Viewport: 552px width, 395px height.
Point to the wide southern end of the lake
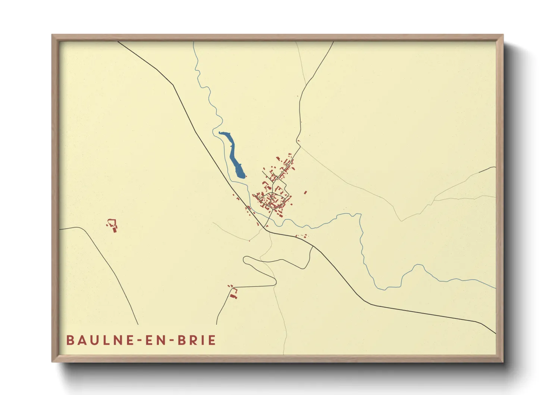pyautogui.click(x=241, y=174)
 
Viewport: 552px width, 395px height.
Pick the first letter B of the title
pyautogui.click(x=70, y=340)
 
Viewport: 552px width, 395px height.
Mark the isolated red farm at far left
pyautogui.click(x=112, y=226)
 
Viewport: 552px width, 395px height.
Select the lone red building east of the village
pyautogui.click(x=305, y=193)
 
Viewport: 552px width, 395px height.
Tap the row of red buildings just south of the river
pyautogui.click(x=302, y=236)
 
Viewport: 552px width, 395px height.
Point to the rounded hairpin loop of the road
pyautogui.click(x=246, y=260)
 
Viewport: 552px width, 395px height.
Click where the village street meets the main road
pyautogui.click(x=265, y=227)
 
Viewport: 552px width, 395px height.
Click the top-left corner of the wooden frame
pyautogui.click(x=52, y=35)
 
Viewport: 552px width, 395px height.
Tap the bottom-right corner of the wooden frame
pyautogui.click(x=503, y=361)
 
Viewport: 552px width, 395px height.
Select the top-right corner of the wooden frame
pyautogui.click(x=503, y=35)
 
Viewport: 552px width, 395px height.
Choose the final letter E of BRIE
pyautogui.click(x=212, y=340)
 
